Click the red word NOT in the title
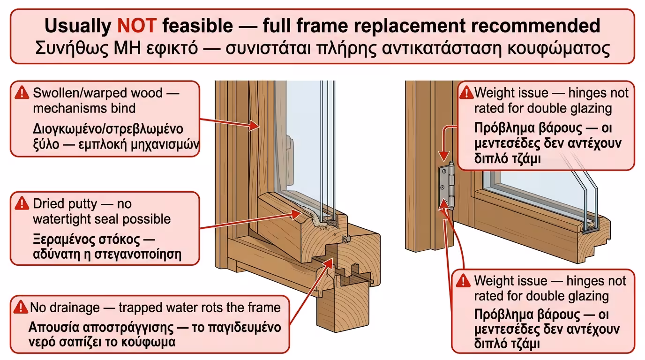tap(136, 25)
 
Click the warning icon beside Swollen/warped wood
tap(22, 93)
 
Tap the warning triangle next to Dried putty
tap(22, 203)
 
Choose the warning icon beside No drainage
tap(21, 307)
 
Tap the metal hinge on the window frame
tap(447, 186)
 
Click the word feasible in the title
tap(197, 25)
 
